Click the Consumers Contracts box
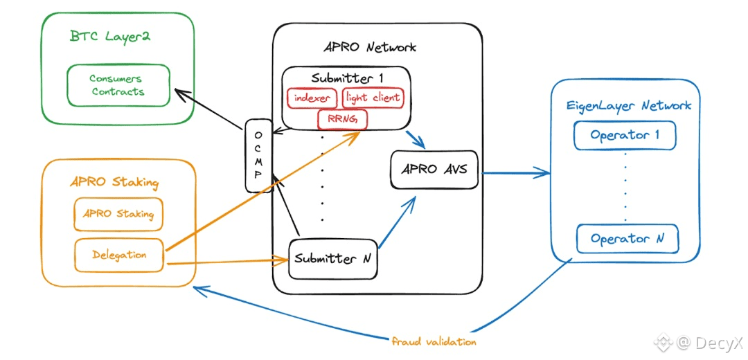coord(118,85)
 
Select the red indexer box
coord(312,98)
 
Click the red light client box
coord(373,98)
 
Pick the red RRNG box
coord(342,120)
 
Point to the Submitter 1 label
coord(347,78)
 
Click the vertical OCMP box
coord(258,156)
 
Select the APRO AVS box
coord(435,168)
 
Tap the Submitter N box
coord(333,259)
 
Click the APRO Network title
coord(370,48)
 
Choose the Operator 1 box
coord(625,136)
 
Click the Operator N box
coord(627,239)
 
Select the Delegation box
coord(119,255)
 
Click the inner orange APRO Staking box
coord(118,214)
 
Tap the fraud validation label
coord(434,341)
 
